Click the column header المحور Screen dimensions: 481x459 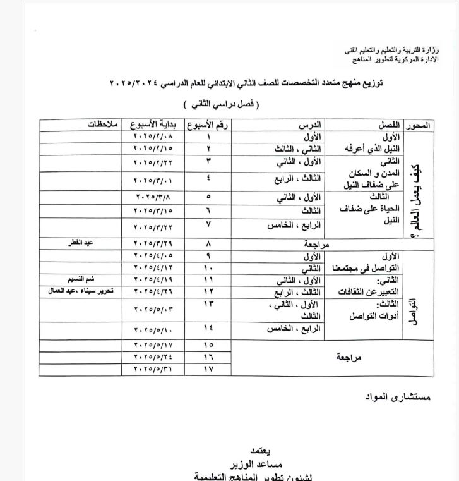coord(419,125)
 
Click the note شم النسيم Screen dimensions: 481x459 coord(86,279)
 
